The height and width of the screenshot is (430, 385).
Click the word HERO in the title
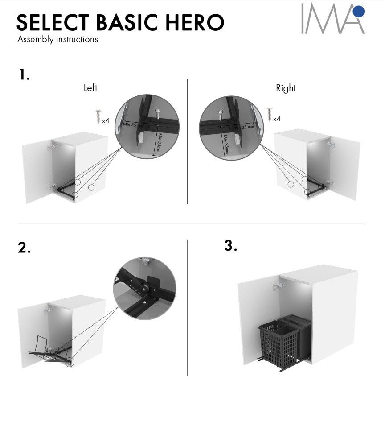click(x=195, y=22)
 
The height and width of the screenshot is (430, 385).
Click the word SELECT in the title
click(x=53, y=22)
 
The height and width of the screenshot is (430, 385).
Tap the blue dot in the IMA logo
click(x=359, y=11)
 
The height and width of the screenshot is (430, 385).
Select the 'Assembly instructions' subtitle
click(x=57, y=40)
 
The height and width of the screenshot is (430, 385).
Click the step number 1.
click(x=24, y=74)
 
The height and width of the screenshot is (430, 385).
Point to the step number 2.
click(x=24, y=248)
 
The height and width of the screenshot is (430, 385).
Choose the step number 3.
click(x=230, y=245)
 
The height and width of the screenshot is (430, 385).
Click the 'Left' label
click(x=90, y=88)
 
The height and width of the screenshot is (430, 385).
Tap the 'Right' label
click(x=286, y=88)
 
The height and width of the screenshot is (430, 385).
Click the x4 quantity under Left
click(x=106, y=121)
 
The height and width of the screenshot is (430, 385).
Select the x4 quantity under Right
click(x=277, y=119)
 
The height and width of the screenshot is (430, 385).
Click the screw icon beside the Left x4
click(x=98, y=116)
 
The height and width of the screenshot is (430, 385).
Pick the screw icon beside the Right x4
click(x=270, y=114)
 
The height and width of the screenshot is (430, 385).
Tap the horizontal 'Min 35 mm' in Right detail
click(x=244, y=127)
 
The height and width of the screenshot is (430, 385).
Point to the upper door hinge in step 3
click(x=279, y=286)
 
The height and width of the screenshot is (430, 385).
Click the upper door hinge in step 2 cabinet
click(x=47, y=311)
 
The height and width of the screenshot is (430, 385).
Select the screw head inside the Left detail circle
click(x=158, y=111)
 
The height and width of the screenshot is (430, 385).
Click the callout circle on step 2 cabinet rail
click(x=70, y=362)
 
